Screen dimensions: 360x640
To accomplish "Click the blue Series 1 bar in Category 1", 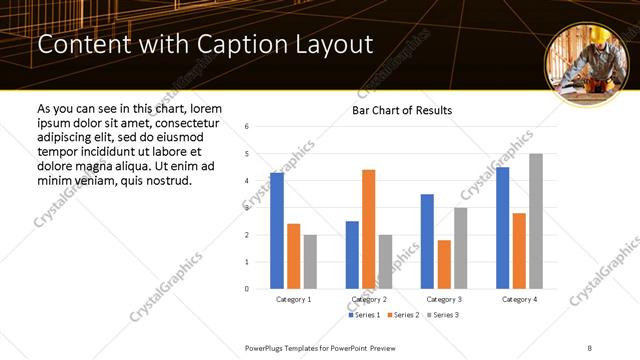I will click(277, 231).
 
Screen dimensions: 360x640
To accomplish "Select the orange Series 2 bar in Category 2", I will click(368, 229).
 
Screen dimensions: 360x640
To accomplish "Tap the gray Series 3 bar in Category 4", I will click(536, 221).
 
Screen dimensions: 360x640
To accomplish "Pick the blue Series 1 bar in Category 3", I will click(427, 241).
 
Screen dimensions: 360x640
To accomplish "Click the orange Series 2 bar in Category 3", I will click(444, 264).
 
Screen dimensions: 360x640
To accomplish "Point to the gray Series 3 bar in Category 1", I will click(310, 262).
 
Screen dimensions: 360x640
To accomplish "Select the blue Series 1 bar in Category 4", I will click(503, 228).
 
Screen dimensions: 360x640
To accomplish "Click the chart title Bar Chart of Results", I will click(402, 110).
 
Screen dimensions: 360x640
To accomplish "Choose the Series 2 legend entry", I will click(402, 315).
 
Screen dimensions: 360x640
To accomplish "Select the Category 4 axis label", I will click(519, 299).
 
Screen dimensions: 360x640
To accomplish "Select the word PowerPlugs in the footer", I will click(266, 346).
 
